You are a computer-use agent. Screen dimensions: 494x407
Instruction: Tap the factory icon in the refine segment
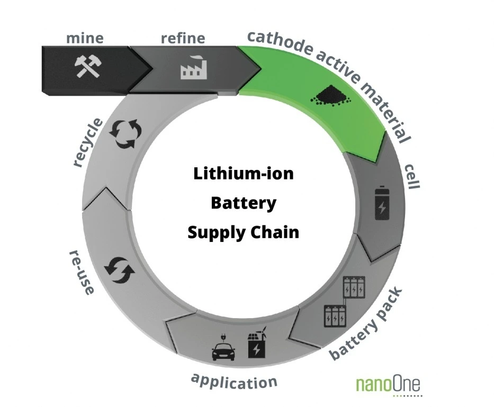[194, 67]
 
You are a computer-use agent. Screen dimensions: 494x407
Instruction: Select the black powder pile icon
[331, 95]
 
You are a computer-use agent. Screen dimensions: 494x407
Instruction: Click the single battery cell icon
[382, 203]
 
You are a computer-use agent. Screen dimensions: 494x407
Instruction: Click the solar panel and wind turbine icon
[257, 342]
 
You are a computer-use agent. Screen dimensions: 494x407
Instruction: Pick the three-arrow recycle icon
[125, 133]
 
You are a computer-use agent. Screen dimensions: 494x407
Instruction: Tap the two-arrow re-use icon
[120, 270]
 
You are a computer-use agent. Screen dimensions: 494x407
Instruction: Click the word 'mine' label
[85, 38]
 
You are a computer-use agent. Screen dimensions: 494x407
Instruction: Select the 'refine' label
[183, 38]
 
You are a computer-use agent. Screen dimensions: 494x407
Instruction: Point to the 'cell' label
[411, 176]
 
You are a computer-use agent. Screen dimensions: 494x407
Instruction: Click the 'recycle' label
[88, 142]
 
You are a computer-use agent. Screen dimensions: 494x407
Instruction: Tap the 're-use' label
[82, 273]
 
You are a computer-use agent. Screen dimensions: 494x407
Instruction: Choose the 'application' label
[234, 382]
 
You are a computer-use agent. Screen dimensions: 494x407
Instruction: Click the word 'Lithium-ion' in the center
[243, 173]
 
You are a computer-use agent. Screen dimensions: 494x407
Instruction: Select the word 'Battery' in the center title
[244, 203]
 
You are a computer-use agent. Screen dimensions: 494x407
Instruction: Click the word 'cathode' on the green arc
[280, 43]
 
